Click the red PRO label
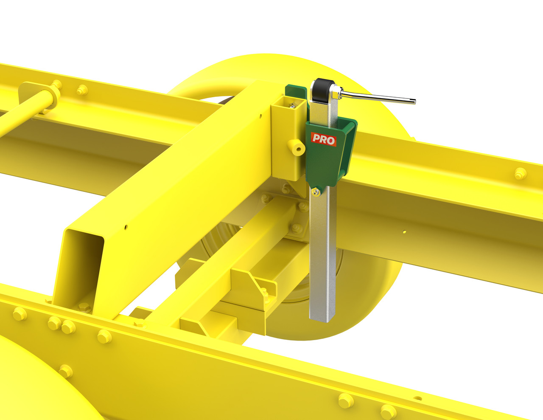(323, 140)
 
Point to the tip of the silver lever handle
(414, 101)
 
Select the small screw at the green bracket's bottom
(316, 192)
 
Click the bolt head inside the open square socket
(291, 106)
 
